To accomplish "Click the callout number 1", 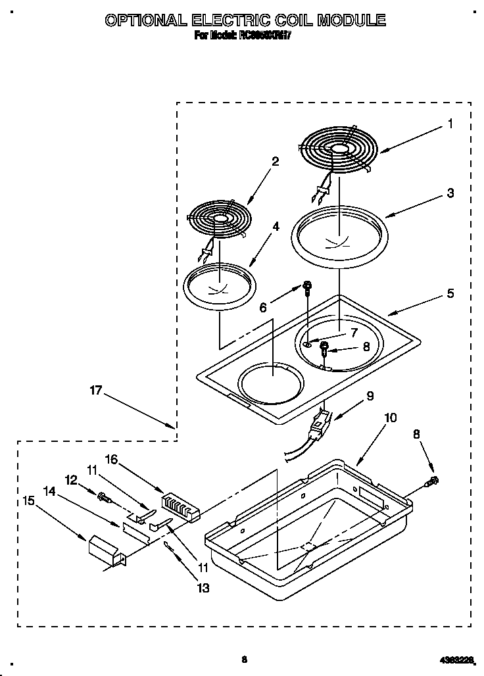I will [x=450, y=123].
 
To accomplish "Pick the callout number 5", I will [x=450, y=293].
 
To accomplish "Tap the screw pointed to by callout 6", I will [x=306, y=286].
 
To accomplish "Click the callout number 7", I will [x=353, y=332].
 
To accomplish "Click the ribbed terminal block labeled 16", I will [x=181, y=507].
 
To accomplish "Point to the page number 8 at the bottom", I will [x=244, y=660].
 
